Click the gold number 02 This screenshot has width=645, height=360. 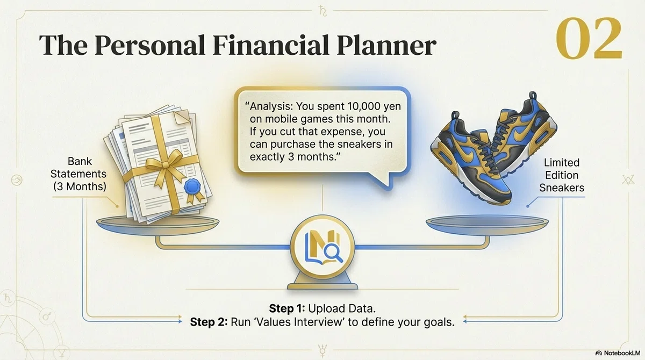[589, 38]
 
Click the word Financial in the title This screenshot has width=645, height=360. [271, 45]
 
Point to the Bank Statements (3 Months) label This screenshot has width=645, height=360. [78, 174]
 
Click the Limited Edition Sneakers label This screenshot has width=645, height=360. [562, 175]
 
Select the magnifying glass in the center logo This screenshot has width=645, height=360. [333, 253]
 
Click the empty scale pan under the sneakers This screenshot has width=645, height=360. [487, 225]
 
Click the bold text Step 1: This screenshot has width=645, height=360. [287, 308]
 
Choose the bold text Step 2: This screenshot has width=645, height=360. [209, 322]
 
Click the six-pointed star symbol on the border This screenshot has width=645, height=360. [628, 180]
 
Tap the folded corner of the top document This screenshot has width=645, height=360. [182, 118]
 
